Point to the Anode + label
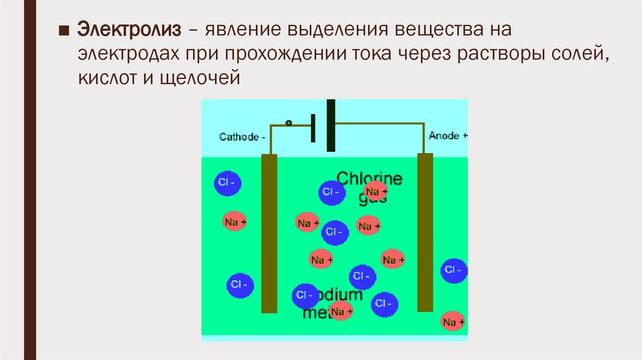[448, 135]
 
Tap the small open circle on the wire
[288, 123]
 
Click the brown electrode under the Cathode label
[269, 233]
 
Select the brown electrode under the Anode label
[425, 231]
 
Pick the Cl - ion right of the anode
[453, 270]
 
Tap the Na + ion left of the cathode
[235, 221]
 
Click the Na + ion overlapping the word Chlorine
[376, 191]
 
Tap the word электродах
[128, 55]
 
